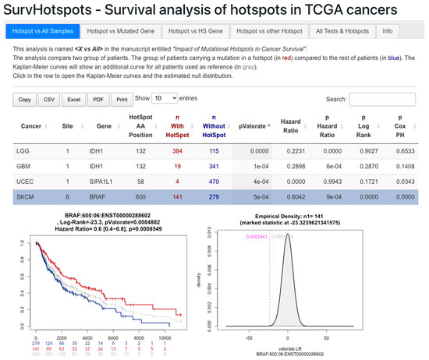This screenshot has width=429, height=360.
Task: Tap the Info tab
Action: point(388,31)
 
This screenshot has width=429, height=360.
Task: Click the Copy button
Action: point(24,100)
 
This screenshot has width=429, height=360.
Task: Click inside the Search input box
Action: point(382,100)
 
